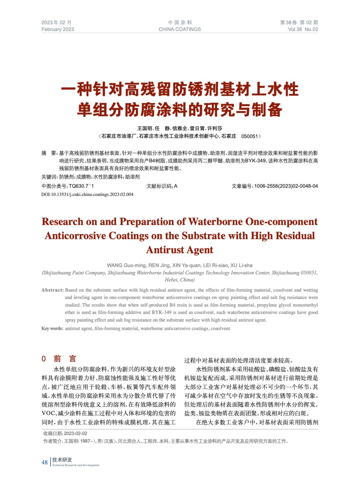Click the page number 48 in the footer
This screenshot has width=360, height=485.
coord(45,462)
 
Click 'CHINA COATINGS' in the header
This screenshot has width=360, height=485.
coord(180,29)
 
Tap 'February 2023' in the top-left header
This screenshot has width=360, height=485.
coord(58,29)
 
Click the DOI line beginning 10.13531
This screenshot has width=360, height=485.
coord(87,194)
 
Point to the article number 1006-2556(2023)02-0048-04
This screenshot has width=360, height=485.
coord(286,186)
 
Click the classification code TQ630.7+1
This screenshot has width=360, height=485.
coord(81,186)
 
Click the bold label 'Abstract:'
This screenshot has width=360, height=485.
coord(52,290)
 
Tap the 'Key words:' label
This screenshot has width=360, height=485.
coord(52,329)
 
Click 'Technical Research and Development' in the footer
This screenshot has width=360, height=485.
coord(76,465)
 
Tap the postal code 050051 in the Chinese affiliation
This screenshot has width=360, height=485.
coord(249,136)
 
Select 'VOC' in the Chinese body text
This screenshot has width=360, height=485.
coord(49,413)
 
